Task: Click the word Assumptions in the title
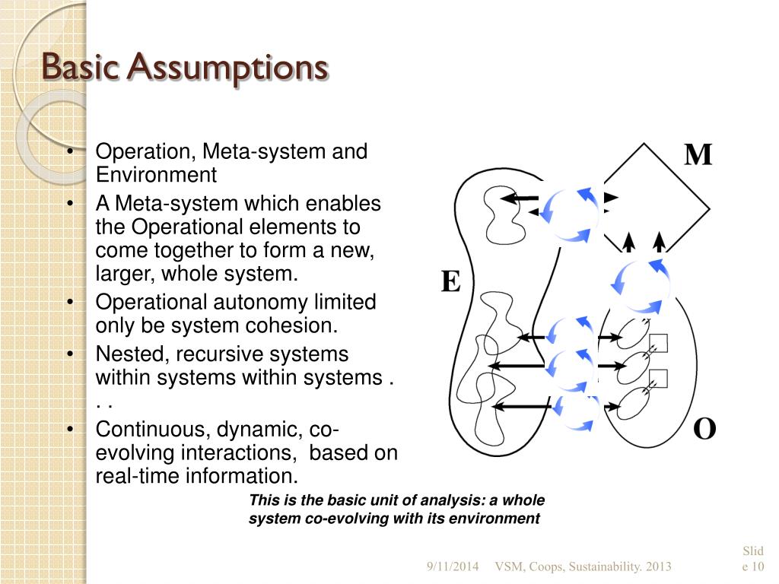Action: (x=227, y=68)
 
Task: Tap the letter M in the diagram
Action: (x=698, y=155)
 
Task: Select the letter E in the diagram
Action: (x=450, y=283)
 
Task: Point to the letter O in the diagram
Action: (x=704, y=430)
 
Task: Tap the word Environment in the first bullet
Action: (x=156, y=176)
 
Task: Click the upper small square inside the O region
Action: (x=658, y=344)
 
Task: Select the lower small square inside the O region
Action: (x=658, y=377)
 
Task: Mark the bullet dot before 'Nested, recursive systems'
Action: (x=70, y=354)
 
